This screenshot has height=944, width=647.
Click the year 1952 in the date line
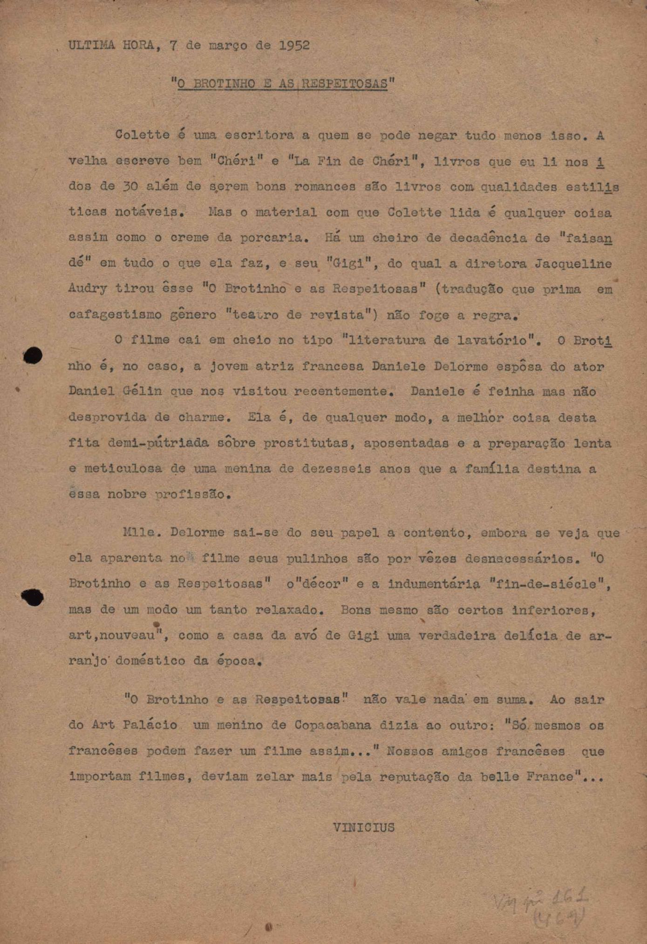(294, 45)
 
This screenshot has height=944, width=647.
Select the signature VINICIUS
(364, 827)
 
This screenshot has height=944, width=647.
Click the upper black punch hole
(33, 356)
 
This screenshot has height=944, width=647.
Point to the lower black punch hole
(33, 597)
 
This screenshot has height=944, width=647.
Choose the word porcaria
(274, 238)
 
